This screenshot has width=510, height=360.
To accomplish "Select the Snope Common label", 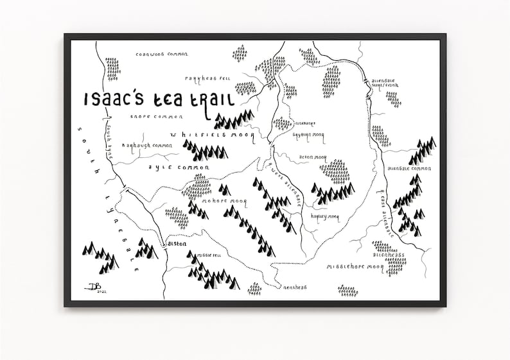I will tap(156, 117).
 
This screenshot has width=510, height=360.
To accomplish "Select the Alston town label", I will tap(176, 244).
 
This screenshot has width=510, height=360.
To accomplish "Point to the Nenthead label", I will tap(295, 287).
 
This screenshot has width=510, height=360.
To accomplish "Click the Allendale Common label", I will tap(409, 169).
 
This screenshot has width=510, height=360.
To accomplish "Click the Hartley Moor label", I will tap(324, 217).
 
